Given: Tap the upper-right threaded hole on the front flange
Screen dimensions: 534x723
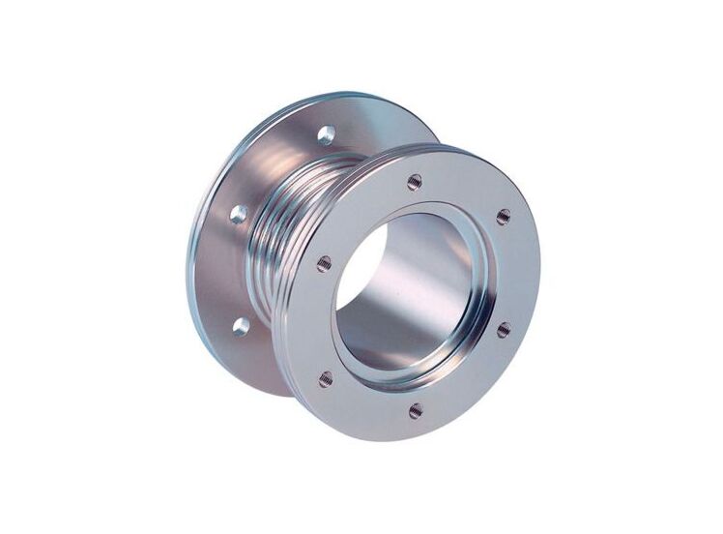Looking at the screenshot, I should (503, 217).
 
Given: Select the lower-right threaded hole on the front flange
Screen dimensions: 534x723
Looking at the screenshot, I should (504, 331).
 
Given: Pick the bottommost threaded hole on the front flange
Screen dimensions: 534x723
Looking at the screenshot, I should (415, 410).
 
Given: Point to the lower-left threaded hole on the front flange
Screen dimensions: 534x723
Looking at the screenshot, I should (326, 378).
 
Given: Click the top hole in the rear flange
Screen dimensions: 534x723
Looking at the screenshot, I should (327, 134).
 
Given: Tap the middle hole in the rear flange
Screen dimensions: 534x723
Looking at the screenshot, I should (238, 214).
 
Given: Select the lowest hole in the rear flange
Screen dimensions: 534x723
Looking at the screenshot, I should (241, 326).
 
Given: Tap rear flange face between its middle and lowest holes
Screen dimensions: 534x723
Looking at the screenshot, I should (232, 271).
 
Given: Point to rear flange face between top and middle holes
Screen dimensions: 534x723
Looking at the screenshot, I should (280, 169).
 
